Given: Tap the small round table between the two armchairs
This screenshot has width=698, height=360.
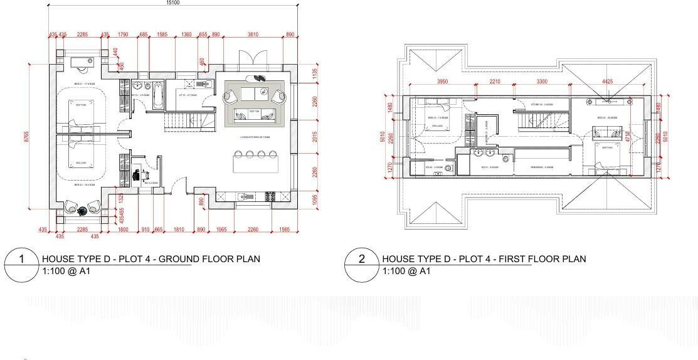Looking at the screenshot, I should [x=82, y=211].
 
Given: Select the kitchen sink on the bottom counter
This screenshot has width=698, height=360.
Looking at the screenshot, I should [x=246, y=197].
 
